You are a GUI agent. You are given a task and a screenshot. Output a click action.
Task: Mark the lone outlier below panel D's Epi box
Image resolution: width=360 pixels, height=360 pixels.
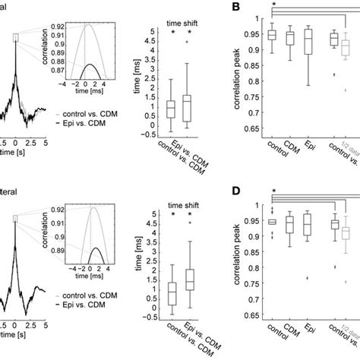click(307, 278)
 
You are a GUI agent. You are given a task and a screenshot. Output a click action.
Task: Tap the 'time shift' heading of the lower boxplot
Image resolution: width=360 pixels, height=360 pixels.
click(182, 203)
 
